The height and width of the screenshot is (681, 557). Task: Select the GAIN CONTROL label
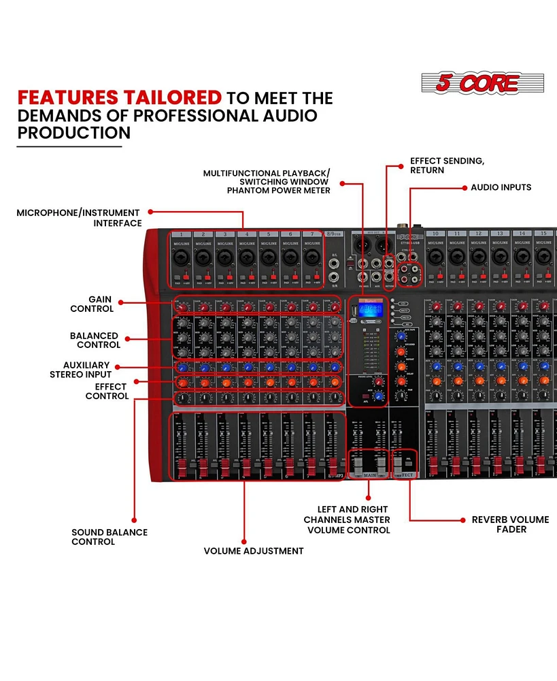91,304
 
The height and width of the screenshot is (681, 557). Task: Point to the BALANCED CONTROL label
94,340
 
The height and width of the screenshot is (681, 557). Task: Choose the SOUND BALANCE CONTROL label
109,537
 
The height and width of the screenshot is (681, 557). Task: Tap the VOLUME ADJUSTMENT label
254,551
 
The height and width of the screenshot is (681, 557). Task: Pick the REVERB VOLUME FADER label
510,524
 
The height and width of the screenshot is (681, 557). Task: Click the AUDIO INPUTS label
501,187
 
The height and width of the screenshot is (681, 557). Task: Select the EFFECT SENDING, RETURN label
447,165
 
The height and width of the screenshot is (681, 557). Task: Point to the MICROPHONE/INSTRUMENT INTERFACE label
78,218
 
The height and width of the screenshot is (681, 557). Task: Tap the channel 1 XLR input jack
182,257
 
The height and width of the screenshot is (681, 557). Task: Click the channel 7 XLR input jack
311,257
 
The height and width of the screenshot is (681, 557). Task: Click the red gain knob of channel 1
182,308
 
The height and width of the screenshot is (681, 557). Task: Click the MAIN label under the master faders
369,475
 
